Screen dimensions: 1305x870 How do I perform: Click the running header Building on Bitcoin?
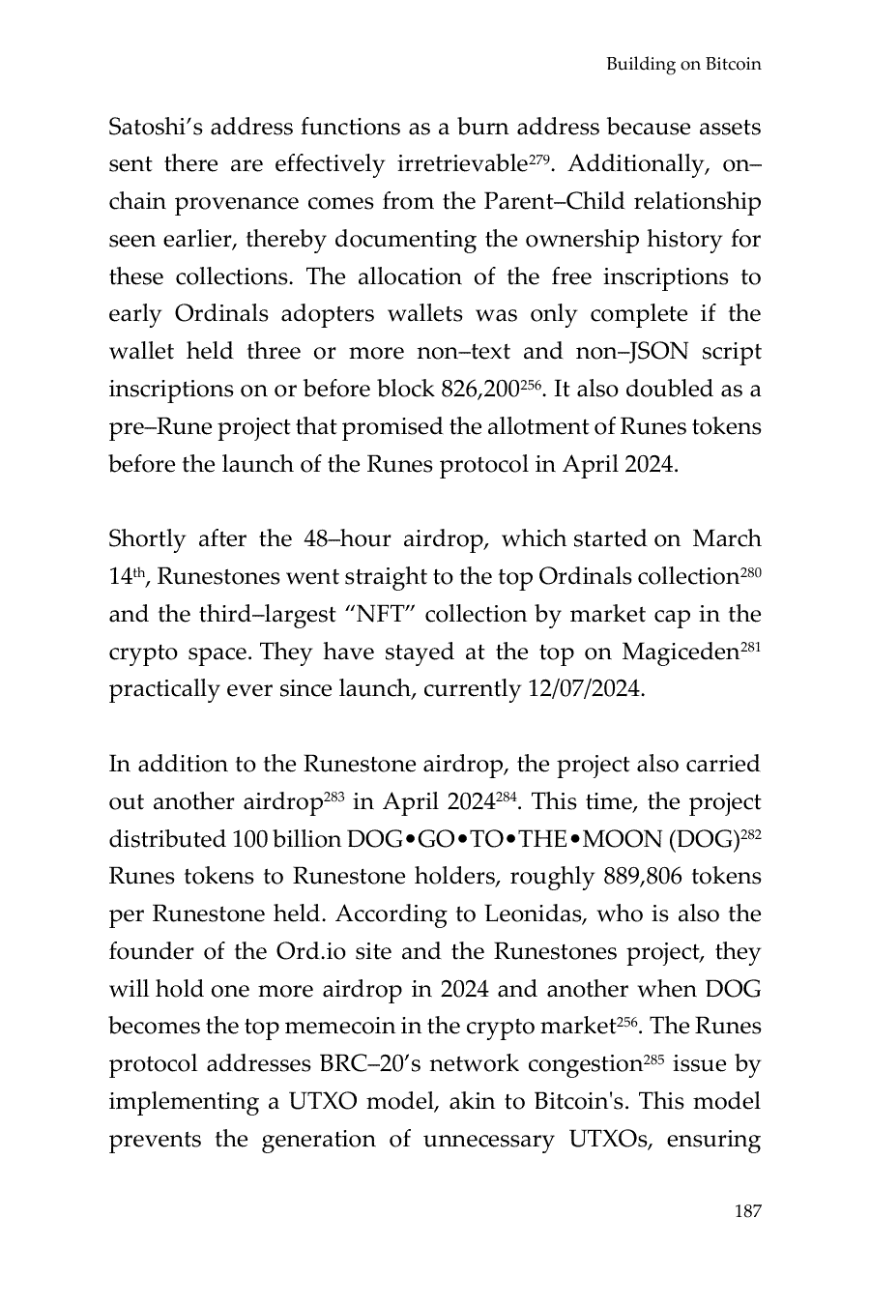[683, 65]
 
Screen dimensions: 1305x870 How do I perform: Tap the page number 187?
[747, 1211]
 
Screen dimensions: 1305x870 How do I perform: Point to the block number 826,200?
[479, 390]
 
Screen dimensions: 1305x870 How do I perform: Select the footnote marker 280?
[751, 569]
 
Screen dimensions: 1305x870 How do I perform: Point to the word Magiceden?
[680, 652]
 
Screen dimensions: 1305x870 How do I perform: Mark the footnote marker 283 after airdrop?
[333, 796]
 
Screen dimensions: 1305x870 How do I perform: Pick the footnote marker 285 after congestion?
[653, 1058]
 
